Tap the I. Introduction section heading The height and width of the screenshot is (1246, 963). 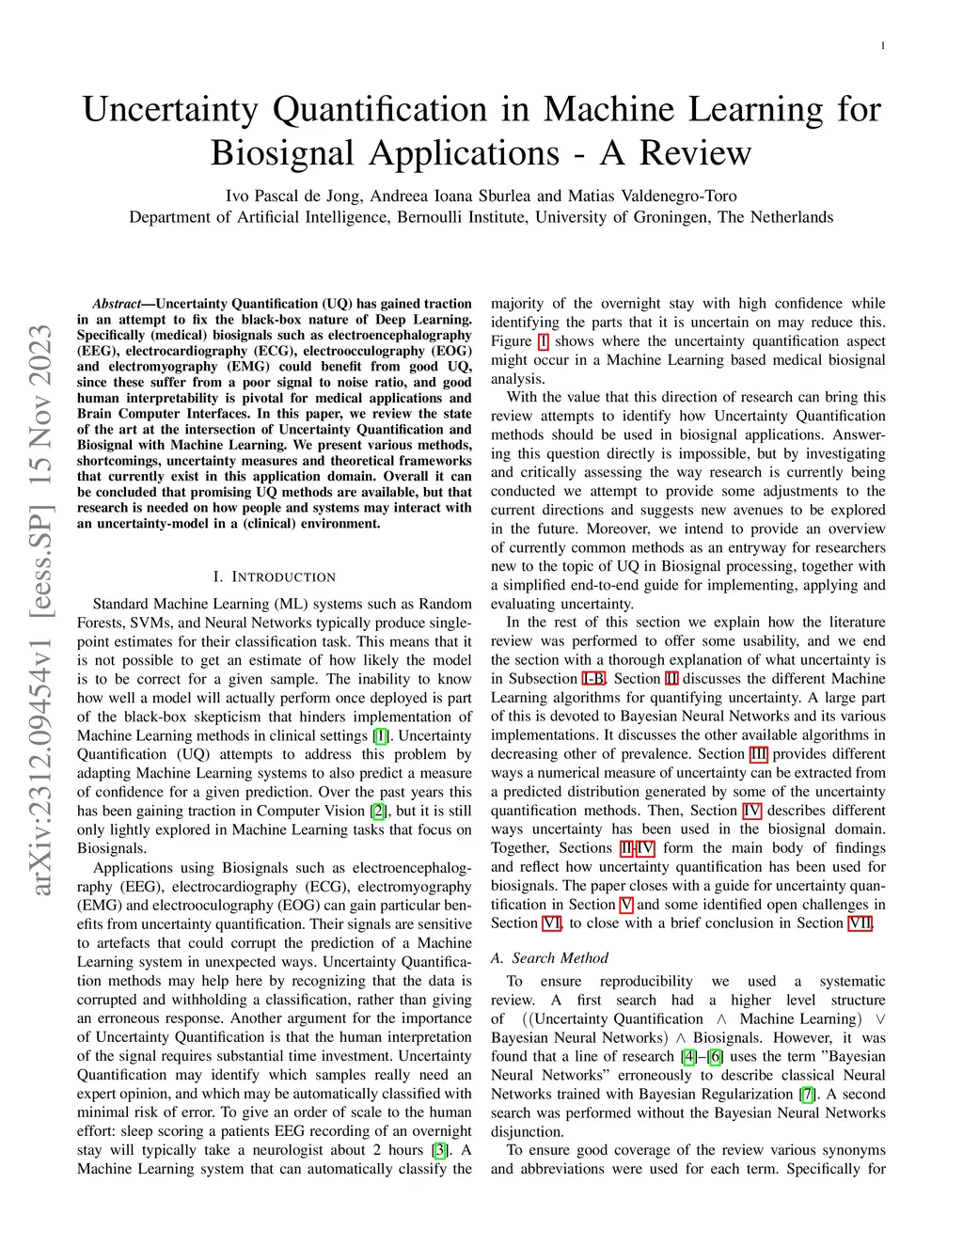275,576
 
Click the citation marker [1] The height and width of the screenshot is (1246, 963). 381,736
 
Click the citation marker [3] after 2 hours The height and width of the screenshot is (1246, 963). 439,1150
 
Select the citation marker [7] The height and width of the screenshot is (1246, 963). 807,1094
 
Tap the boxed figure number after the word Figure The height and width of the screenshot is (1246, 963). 543,341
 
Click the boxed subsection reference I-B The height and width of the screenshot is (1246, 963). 594,679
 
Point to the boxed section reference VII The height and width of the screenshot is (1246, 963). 860,923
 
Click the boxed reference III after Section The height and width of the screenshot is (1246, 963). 759,754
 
